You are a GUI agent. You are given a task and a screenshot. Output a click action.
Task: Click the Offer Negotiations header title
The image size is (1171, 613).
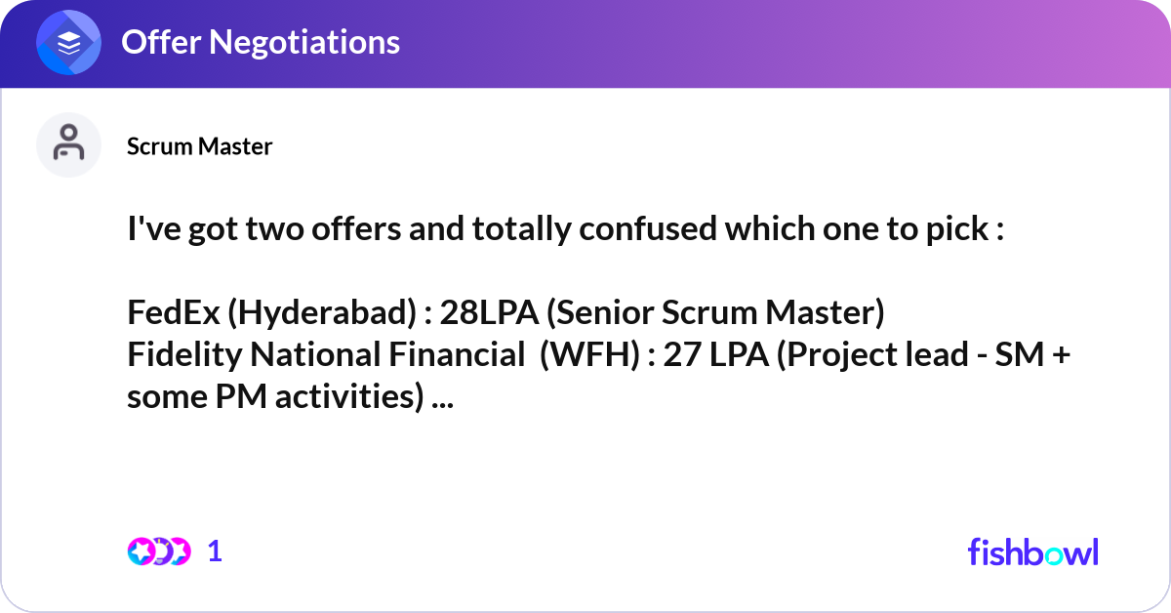click(260, 42)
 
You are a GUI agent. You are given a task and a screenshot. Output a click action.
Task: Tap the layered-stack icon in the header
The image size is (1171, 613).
click(68, 43)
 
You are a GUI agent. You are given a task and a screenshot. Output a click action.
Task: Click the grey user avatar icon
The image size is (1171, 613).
click(68, 145)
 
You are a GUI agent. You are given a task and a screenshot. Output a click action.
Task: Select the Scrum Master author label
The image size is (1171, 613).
click(199, 146)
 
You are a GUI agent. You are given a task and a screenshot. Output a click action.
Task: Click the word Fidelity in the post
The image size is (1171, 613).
click(185, 355)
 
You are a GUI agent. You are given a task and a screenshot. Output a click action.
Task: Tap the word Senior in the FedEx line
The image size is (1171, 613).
click(604, 313)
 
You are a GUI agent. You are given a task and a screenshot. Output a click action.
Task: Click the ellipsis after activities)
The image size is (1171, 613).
click(443, 397)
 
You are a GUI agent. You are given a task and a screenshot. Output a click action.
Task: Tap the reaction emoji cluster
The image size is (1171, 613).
click(158, 552)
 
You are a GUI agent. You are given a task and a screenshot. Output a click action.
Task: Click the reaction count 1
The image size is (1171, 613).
click(215, 552)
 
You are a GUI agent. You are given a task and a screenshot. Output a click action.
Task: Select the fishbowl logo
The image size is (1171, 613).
click(1032, 552)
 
